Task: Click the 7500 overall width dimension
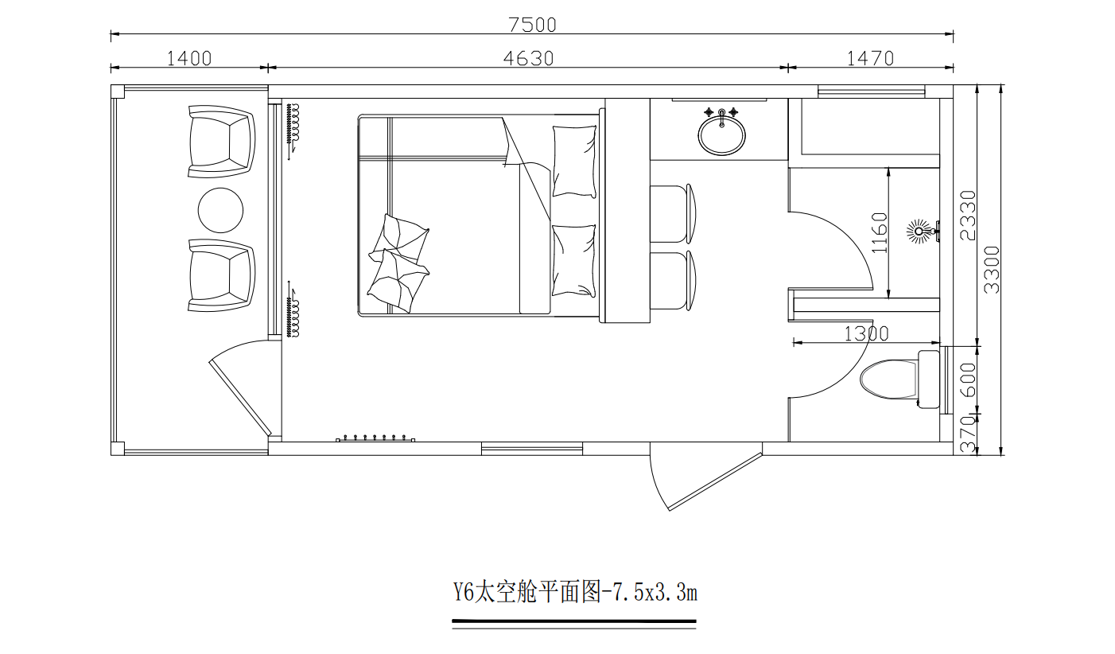point(532,25)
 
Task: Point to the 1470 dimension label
point(870,58)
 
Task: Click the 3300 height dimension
point(992,270)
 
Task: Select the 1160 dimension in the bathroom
point(879,232)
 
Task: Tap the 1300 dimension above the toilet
point(866,334)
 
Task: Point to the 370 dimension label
point(968,434)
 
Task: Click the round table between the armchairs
point(220,209)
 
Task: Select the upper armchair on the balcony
point(221,141)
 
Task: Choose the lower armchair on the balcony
point(221,275)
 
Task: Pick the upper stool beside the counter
point(671,213)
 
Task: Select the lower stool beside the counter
point(671,279)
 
